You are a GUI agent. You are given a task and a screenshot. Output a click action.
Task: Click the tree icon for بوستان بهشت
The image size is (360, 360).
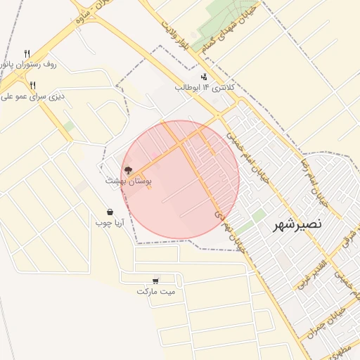(128, 169)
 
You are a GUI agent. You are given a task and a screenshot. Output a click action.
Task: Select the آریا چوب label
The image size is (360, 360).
(110, 223)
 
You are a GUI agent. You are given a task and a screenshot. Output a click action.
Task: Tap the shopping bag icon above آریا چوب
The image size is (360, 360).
(110, 212)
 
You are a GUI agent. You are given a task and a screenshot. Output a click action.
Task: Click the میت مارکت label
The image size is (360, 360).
(156, 291)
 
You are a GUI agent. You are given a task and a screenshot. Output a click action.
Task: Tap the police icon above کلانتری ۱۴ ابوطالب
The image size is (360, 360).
(204, 76)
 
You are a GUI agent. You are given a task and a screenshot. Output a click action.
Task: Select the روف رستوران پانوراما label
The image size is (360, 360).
(29, 64)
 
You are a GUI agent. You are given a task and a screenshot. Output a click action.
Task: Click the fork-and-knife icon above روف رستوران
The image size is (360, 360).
(27, 53)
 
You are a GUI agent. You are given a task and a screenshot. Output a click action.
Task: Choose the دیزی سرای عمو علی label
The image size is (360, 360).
(32, 96)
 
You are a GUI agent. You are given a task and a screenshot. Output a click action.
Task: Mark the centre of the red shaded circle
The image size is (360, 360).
(180, 179)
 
